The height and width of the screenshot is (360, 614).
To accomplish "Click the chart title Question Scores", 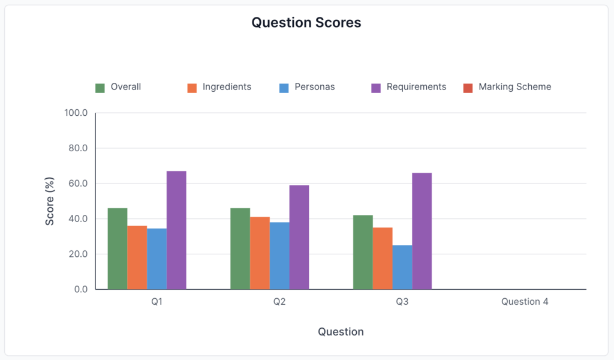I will (x=306, y=23).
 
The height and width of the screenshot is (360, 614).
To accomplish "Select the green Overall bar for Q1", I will (x=118, y=248).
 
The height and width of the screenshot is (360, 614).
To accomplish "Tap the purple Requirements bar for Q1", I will (x=176, y=230).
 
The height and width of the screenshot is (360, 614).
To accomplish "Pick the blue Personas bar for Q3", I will (x=402, y=267).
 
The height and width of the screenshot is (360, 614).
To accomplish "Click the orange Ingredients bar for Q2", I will (x=260, y=253).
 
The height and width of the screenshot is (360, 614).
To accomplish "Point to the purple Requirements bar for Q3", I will (x=422, y=231).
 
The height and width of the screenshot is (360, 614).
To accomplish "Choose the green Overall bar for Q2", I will (x=240, y=248).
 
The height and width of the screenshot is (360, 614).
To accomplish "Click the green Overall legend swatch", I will (x=100, y=88).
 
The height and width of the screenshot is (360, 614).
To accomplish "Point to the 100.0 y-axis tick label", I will (x=76, y=113).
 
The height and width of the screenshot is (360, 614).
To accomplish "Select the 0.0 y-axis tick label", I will (x=80, y=289).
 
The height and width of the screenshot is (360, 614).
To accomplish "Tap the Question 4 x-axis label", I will (x=525, y=302).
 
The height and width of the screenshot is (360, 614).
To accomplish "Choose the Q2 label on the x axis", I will (x=279, y=302).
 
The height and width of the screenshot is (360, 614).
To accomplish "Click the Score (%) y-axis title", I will (x=50, y=201).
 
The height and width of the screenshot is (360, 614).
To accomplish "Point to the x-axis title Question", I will (x=341, y=332).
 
